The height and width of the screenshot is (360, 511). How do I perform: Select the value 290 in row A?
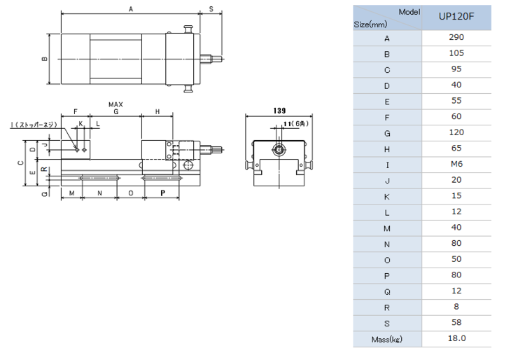456,37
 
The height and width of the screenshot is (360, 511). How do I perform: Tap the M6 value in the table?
456,164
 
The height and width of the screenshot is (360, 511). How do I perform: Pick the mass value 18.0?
456,338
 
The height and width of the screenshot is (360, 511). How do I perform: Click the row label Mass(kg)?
387,340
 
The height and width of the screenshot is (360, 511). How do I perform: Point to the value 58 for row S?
456,322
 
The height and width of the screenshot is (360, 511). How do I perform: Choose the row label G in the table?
387,133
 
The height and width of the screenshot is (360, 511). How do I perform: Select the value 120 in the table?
456,132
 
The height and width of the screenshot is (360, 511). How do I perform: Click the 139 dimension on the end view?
279,111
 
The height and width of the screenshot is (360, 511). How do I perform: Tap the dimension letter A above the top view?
131,9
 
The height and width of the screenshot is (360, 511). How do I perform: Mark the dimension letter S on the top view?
211,9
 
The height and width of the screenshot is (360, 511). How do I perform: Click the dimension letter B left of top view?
45,59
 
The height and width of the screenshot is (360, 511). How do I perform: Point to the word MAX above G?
115,104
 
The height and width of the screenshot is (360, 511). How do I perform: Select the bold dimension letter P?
162,193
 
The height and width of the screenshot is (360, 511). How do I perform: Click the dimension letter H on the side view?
157,112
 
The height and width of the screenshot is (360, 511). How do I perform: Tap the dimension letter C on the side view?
20,162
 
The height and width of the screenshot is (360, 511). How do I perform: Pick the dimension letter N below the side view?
99,193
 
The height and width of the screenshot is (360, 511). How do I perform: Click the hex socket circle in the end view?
279,150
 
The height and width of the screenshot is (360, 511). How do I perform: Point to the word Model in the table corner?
409,12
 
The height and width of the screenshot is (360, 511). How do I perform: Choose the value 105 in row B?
456,53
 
